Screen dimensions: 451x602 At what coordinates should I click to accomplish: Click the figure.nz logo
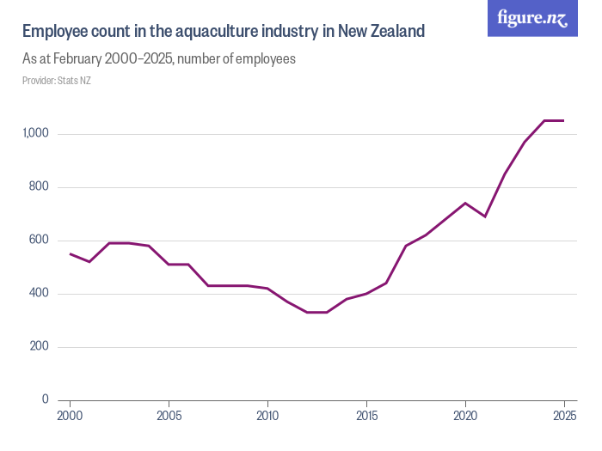pyautogui.click(x=533, y=18)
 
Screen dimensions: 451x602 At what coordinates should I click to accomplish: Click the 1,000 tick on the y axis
pyautogui.click(x=36, y=134)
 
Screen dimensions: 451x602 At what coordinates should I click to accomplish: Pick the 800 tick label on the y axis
pyautogui.click(x=40, y=187)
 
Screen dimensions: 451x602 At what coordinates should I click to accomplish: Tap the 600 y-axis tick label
pyautogui.click(x=40, y=241)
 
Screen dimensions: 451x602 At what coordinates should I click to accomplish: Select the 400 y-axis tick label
pyautogui.click(x=40, y=294)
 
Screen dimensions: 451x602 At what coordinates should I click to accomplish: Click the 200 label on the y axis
pyautogui.click(x=40, y=347)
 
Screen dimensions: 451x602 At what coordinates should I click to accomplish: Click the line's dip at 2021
pyautogui.click(x=485, y=216)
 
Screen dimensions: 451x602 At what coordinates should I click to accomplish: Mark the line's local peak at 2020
pyautogui.click(x=465, y=203)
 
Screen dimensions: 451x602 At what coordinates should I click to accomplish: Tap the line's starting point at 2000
pyautogui.click(x=70, y=253)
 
